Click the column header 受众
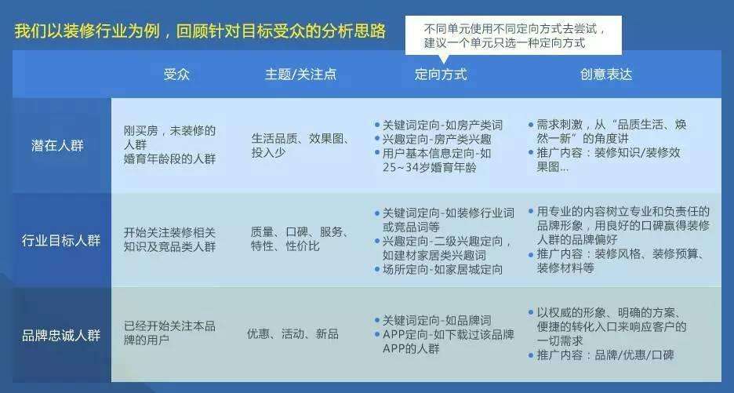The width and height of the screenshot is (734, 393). pyautogui.click(x=176, y=75)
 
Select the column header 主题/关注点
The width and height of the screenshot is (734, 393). pyautogui.click(x=300, y=75)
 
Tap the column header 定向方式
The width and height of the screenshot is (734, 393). pyautogui.click(x=441, y=75)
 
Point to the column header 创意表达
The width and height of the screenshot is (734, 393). pyautogui.click(x=605, y=75)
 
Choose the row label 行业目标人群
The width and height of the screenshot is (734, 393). pyautogui.click(x=61, y=240)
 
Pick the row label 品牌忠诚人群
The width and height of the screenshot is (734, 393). pyautogui.click(x=61, y=335)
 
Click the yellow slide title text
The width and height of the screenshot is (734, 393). pyautogui.click(x=200, y=32)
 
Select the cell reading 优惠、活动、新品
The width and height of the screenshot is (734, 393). pyautogui.click(x=293, y=334)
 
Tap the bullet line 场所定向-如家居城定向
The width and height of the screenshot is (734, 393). pyautogui.click(x=441, y=269)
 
